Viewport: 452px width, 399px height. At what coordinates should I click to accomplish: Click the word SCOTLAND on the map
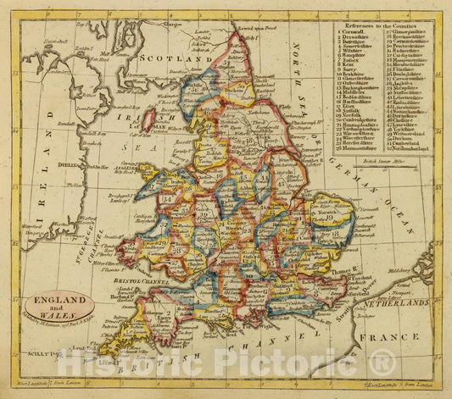coord(178,61)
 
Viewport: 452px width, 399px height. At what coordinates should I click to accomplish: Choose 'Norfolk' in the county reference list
coord(354,113)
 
